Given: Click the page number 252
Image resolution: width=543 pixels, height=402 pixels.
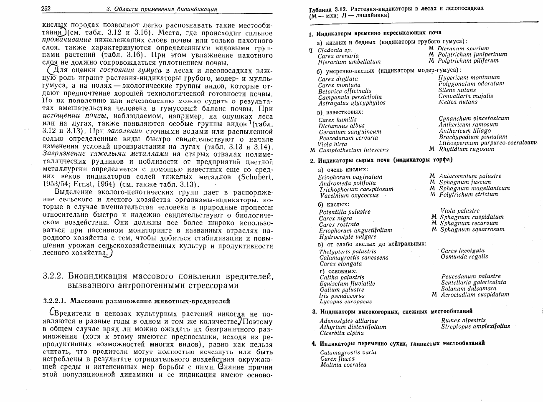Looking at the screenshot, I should click(x=46, y=9).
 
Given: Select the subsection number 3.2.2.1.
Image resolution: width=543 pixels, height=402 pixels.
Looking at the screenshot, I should click(x=56, y=301).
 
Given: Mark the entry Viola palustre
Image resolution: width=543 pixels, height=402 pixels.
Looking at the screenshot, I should click(x=460, y=211).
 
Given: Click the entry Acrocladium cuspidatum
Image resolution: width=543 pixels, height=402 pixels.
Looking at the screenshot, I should click(x=474, y=294).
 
